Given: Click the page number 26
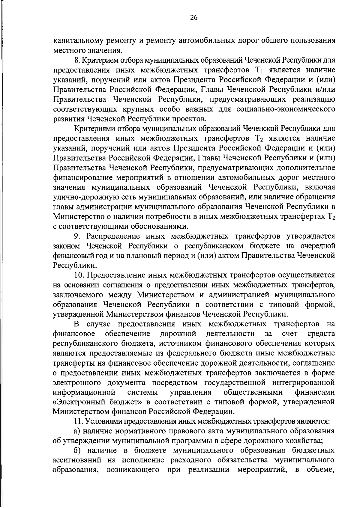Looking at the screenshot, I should [193, 18].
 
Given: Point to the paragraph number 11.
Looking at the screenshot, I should [78, 421].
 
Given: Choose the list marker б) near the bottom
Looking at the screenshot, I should [77, 450].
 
